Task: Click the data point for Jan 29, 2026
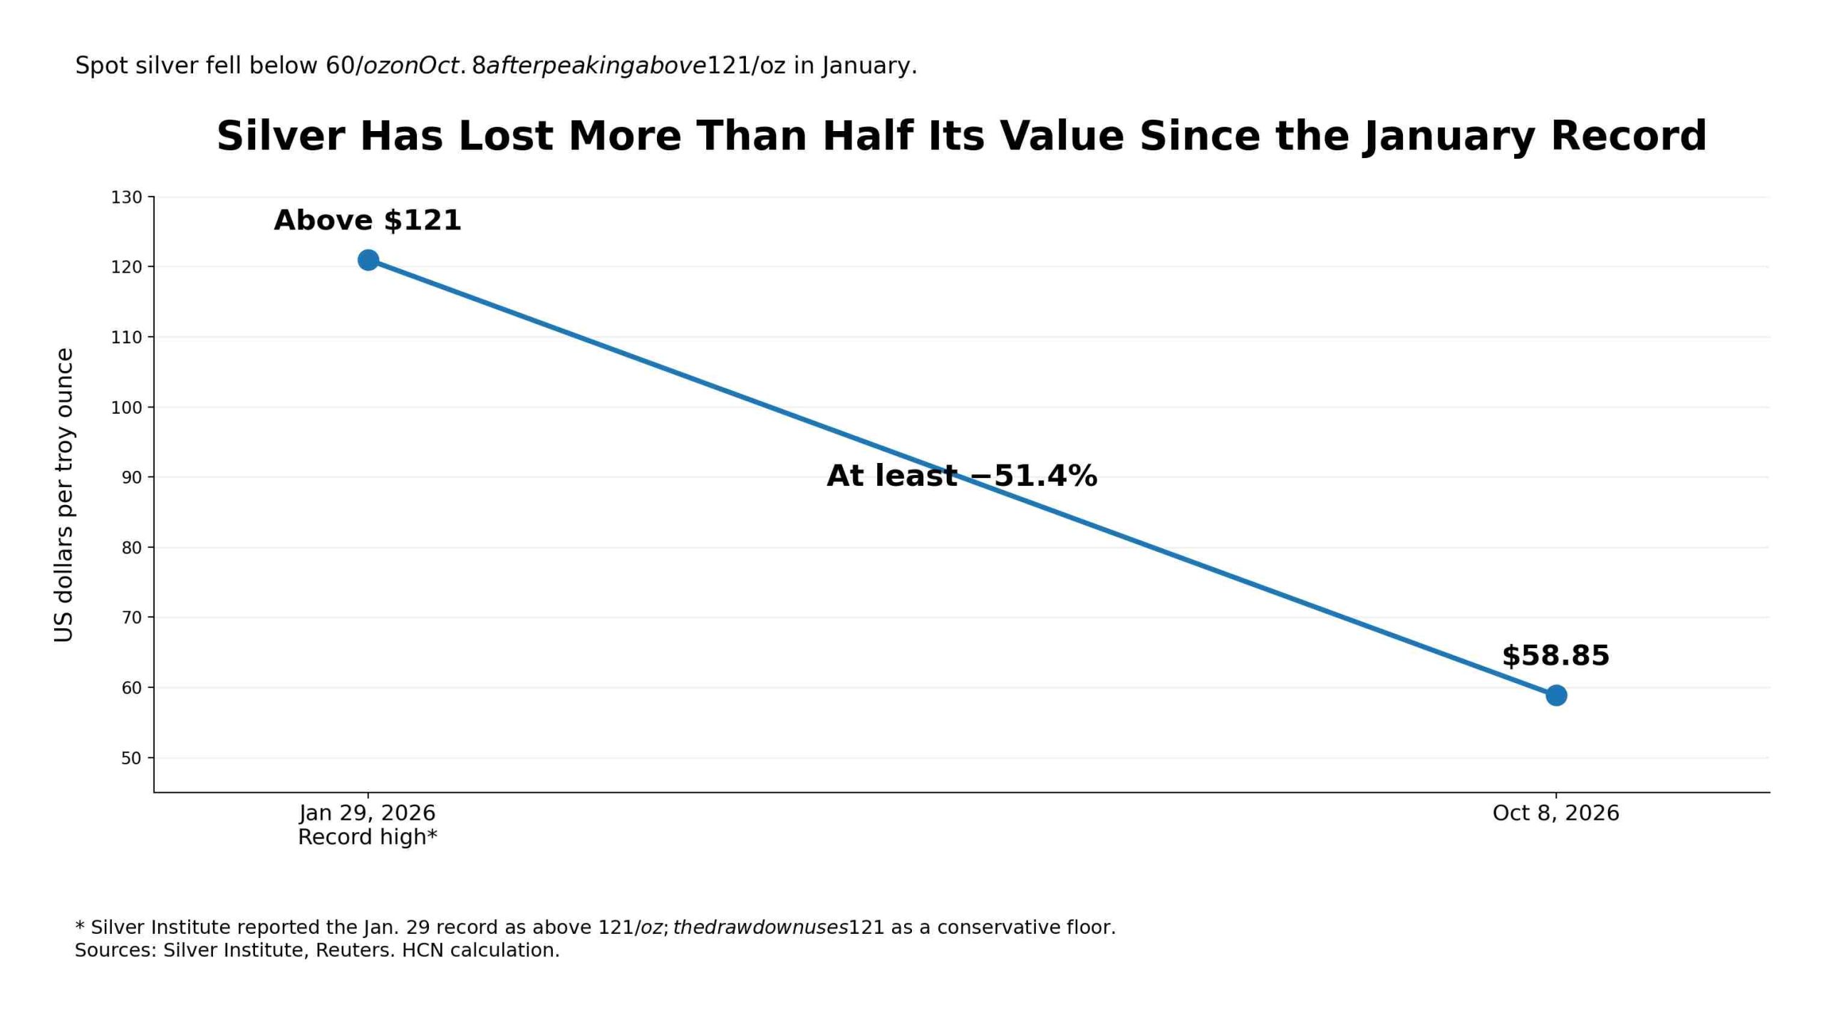pyautogui.click(x=368, y=260)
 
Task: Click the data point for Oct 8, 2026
pyautogui.click(x=1556, y=695)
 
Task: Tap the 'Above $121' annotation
pyautogui.click(x=368, y=220)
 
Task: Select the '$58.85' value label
pyautogui.click(x=1555, y=655)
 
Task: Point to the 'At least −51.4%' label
pyautogui.click(x=962, y=475)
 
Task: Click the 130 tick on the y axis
pyautogui.click(x=127, y=197)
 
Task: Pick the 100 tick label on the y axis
pyautogui.click(x=127, y=407)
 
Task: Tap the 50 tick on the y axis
pyautogui.click(x=132, y=758)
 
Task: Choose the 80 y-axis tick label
pyautogui.click(x=132, y=548)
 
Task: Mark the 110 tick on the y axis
pyautogui.click(x=127, y=337)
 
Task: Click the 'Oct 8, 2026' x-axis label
pyautogui.click(x=1556, y=813)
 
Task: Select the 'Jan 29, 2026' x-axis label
pyautogui.click(x=368, y=813)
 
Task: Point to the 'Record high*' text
pyautogui.click(x=368, y=837)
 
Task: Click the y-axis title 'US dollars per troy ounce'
pyautogui.click(x=64, y=495)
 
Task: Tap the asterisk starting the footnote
pyautogui.click(x=80, y=925)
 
